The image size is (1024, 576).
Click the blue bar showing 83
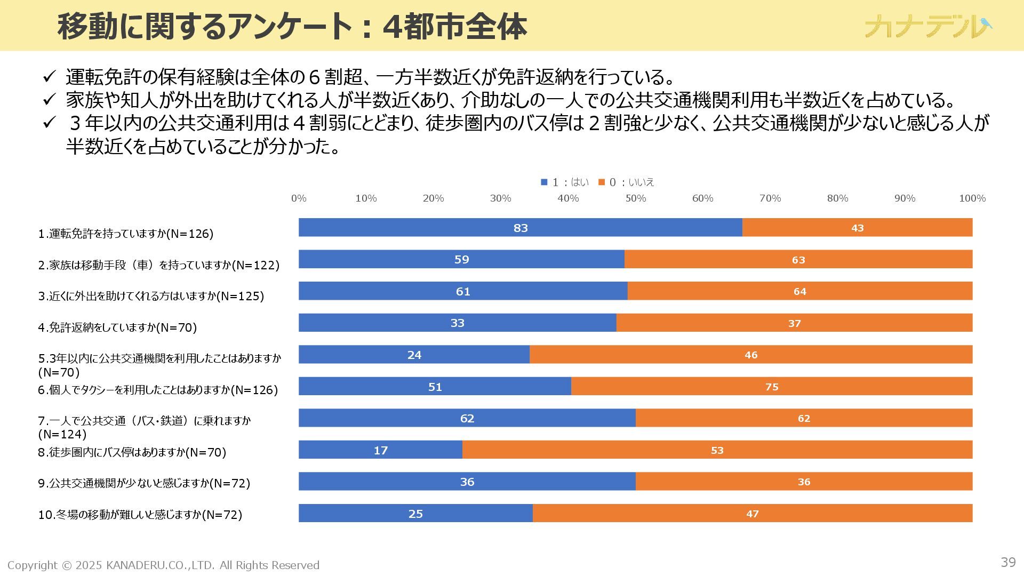(x=520, y=228)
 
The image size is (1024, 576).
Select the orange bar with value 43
(x=857, y=228)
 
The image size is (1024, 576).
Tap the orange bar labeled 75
(x=772, y=387)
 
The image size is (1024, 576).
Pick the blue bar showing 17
(x=380, y=450)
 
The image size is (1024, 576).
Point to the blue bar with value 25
(x=415, y=514)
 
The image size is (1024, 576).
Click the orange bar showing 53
(x=717, y=450)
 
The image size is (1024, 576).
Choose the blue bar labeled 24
(x=414, y=355)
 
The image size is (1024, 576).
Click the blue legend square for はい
(x=544, y=182)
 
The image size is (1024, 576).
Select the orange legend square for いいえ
(x=602, y=182)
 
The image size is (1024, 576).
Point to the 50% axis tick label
(x=635, y=198)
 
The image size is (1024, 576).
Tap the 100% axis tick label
(x=972, y=198)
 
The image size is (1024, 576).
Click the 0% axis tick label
(x=299, y=198)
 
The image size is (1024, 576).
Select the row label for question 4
(x=117, y=327)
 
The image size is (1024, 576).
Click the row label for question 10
(x=140, y=515)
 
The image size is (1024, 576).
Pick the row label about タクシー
(x=158, y=390)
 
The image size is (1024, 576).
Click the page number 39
(x=1008, y=562)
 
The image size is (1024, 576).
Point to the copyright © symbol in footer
(x=67, y=565)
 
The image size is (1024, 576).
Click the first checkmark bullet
(x=49, y=77)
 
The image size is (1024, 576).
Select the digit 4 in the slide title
(x=391, y=27)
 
